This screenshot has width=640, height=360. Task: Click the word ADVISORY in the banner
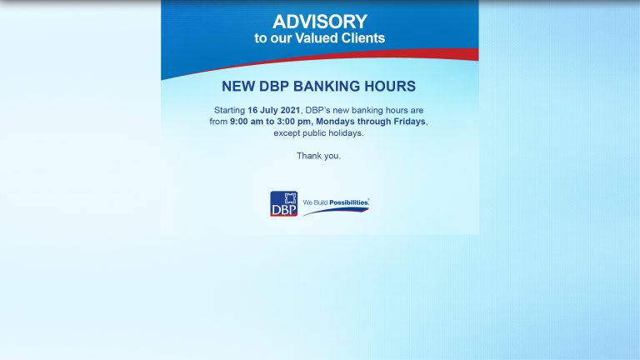(x=320, y=22)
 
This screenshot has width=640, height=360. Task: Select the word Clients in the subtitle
(x=364, y=38)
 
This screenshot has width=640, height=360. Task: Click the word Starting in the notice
(x=229, y=110)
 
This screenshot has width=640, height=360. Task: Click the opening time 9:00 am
(x=250, y=122)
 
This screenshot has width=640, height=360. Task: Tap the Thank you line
(x=319, y=156)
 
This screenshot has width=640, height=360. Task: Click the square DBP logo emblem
(x=283, y=204)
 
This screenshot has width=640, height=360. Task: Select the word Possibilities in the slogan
(x=348, y=202)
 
